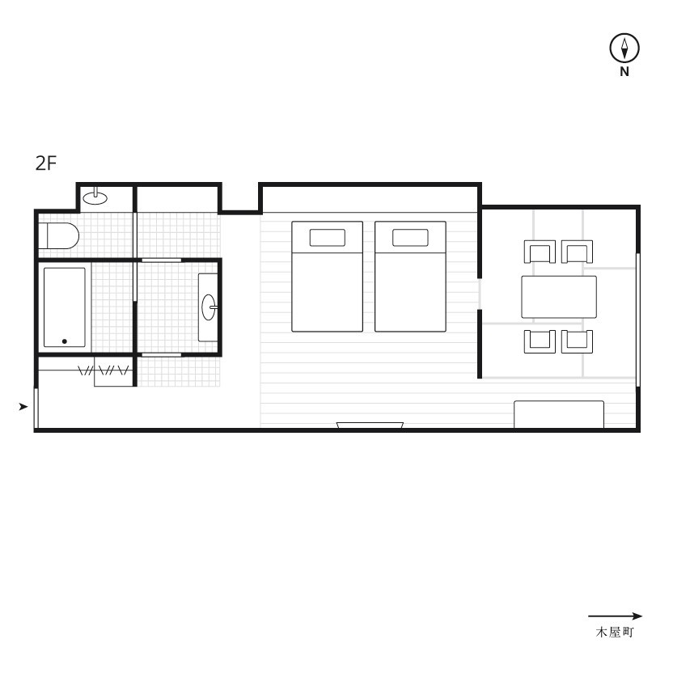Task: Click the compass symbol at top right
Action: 624,48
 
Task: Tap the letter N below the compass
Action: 624,72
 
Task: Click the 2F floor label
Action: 46,163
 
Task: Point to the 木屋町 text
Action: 615,633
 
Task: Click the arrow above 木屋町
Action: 615,616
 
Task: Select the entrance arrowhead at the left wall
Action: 23,406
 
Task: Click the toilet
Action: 59,235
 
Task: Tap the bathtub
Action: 65,307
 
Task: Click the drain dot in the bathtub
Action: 65,341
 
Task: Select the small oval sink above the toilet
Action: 95,197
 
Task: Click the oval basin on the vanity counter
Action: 209,307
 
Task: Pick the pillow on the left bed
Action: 327,238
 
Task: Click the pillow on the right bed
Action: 410,238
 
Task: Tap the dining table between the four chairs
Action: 559,297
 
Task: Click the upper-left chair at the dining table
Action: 540,252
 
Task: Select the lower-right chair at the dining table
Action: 577,341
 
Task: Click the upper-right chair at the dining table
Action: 577,252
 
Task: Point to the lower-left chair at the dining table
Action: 540,341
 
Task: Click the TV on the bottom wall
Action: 370,425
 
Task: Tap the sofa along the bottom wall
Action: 559,414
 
